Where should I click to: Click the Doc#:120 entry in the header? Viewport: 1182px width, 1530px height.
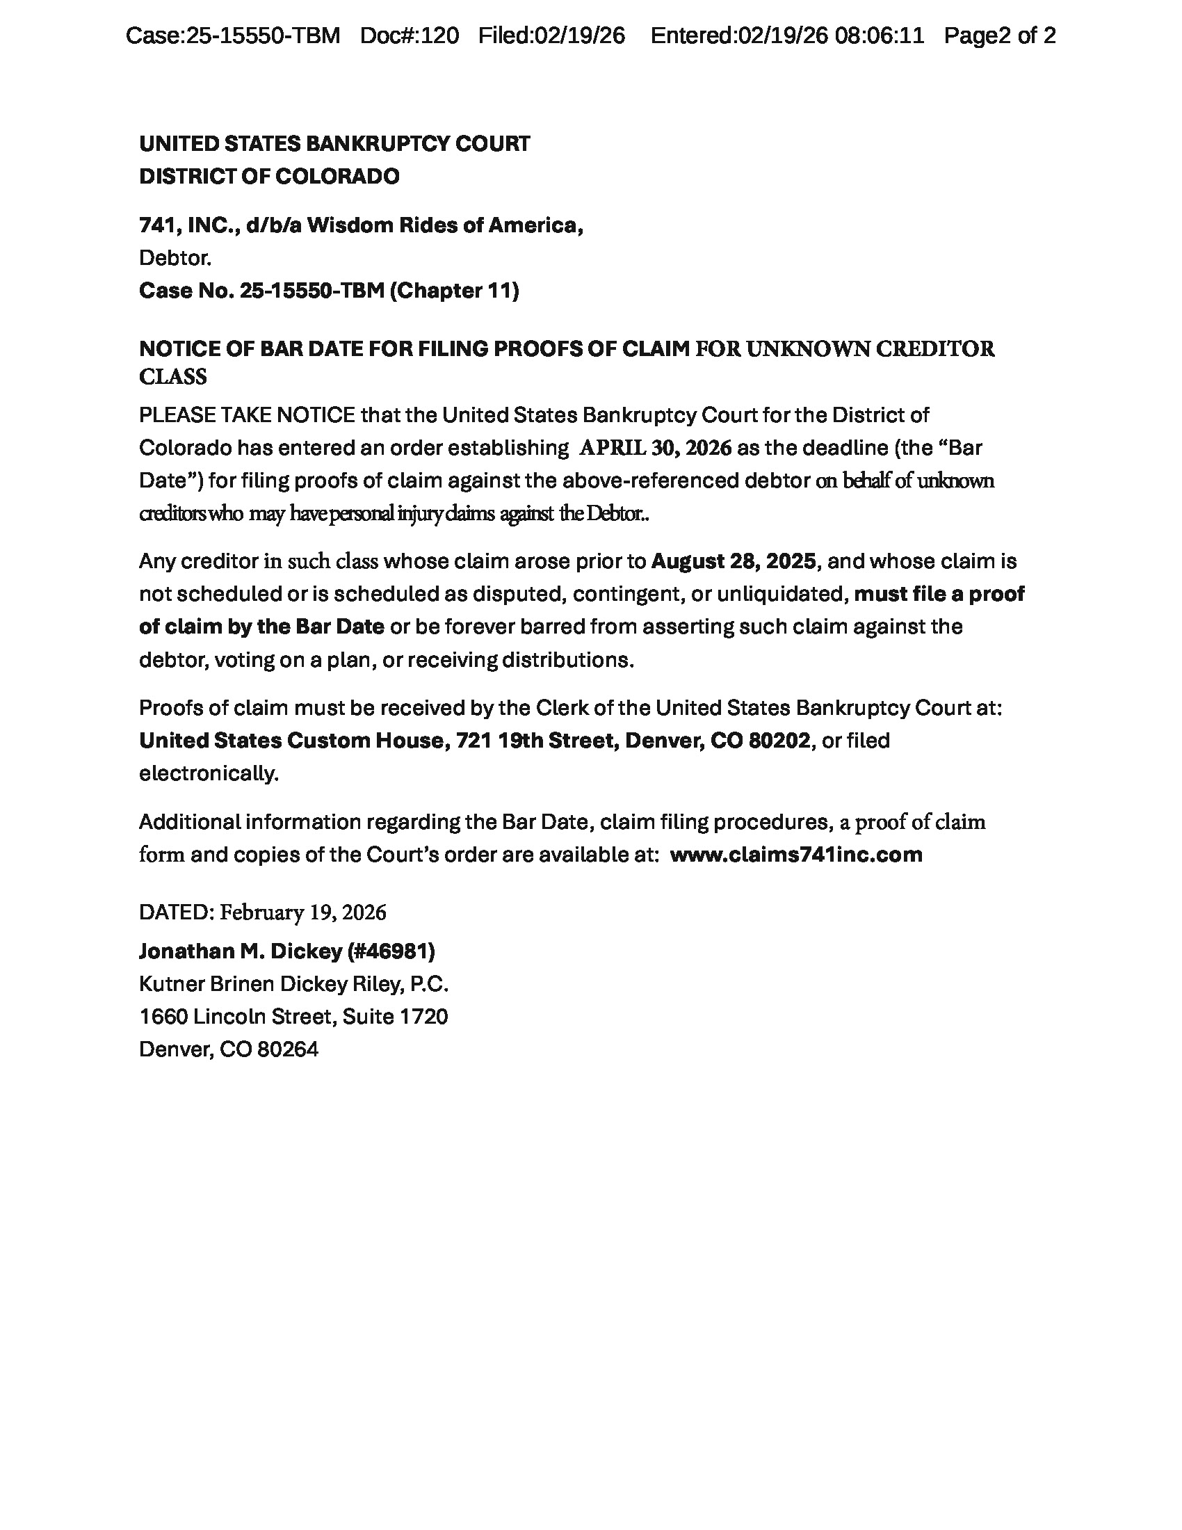pos(409,35)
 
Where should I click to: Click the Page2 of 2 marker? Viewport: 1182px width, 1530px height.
pos(999,35)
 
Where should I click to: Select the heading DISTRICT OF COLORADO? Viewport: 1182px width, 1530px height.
pos(269,177)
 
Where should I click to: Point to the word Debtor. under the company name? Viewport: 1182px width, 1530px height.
pos(175,259)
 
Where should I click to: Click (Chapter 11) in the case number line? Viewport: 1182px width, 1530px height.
pos(454,291)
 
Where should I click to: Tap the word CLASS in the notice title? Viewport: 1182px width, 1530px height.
pos(173,378)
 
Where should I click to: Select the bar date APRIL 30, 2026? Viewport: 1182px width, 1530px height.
pos(655,449)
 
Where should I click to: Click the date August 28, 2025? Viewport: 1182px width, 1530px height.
pos(733,562)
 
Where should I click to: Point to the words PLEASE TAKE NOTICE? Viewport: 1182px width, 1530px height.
pos(247,415)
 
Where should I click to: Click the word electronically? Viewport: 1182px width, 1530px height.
pos(209,774)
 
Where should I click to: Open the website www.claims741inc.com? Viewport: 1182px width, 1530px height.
pos(796,855)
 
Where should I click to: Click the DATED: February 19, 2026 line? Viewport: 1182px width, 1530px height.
pos(263,913)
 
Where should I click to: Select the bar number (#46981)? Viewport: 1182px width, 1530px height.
pos(391,951)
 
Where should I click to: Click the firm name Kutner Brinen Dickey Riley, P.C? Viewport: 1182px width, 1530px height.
pos(293,985)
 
